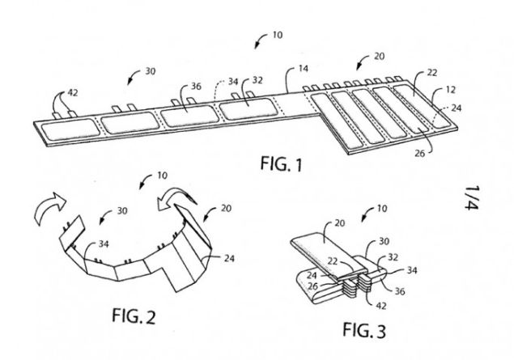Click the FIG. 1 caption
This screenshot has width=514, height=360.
pyautogui.click(x=281, y=163)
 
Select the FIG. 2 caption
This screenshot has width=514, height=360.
pyautogui.click(x=134, y=316)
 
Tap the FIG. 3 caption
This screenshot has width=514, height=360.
pyautogui.click(x=364, y=330)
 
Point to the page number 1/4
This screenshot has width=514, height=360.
pyautogui.click(x=472, y=197)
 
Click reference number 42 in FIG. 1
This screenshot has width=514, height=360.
pyautogui.click(x=73, y=93)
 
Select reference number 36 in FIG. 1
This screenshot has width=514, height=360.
pyautogui.click(x=196, y=86)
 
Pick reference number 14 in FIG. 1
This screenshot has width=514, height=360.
pyautogui.click(x=304, y=69)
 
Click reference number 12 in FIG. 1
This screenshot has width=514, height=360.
pyautogui.click(x=451, y=90)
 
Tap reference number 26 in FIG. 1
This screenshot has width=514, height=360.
pyautogui.click(x=420, y=153)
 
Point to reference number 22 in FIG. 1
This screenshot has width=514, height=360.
pyautogui.click(x=431, y=72)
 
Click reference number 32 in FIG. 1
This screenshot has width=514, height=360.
pyautogui.click(x=257, y=80)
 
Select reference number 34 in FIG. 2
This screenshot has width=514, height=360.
pyautogui.click(x=104, y=244)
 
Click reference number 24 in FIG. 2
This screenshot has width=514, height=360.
pyautogui.click(x=229, y=258)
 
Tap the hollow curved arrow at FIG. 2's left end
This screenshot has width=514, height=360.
pyautogui.click(x=50, y=207)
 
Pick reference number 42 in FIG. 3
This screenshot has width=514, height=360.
pyautogui.click(x=380, y=306)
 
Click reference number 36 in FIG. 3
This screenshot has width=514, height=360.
pyautogui.click(x=400, y=291)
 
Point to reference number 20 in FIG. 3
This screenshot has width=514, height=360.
pyautogui.click(x=340, y=223)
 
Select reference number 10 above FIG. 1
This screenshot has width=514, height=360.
pyautogui.click(x=278, y=35)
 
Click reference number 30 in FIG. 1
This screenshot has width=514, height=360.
pyautogui.click(x=150, y=71)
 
